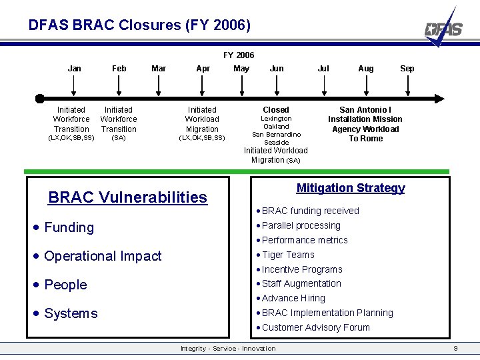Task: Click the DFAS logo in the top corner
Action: click(x=445, y=28)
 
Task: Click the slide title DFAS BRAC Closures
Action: click(x=139, y=25)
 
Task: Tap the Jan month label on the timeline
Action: click(x=75, y=68)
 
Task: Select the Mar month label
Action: click(x=159, y=68)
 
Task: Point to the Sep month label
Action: click(x=407, y=68)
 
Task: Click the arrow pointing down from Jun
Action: click(x=276, y=85)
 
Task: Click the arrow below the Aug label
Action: click(x=365, y=85)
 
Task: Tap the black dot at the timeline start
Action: click(x=40, y=99)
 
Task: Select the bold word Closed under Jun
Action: click(x=276, y=109)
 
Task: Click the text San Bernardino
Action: click(x=276, y=134)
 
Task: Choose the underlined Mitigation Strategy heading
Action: click(x=351, y=188)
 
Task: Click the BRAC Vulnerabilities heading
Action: click(x=128, y=197)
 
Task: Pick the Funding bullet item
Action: click(x=69, y=227)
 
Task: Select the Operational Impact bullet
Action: click(x=103, y=256)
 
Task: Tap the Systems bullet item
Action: click(x=71, y=313)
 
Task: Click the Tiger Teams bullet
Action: click(x=288, y=255)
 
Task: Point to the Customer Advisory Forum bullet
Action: click(x=315, y=327)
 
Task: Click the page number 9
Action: click(x=455, y=349)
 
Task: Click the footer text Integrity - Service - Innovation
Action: click(x=228, y=349)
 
